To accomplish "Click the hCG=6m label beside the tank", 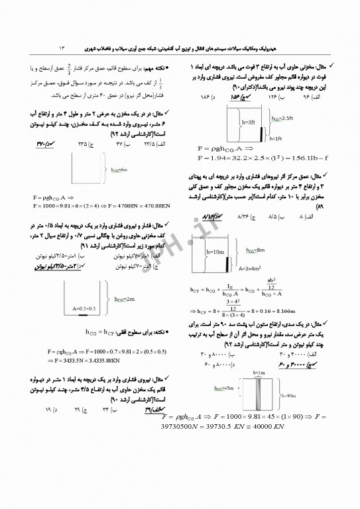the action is (x=119, y=170).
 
